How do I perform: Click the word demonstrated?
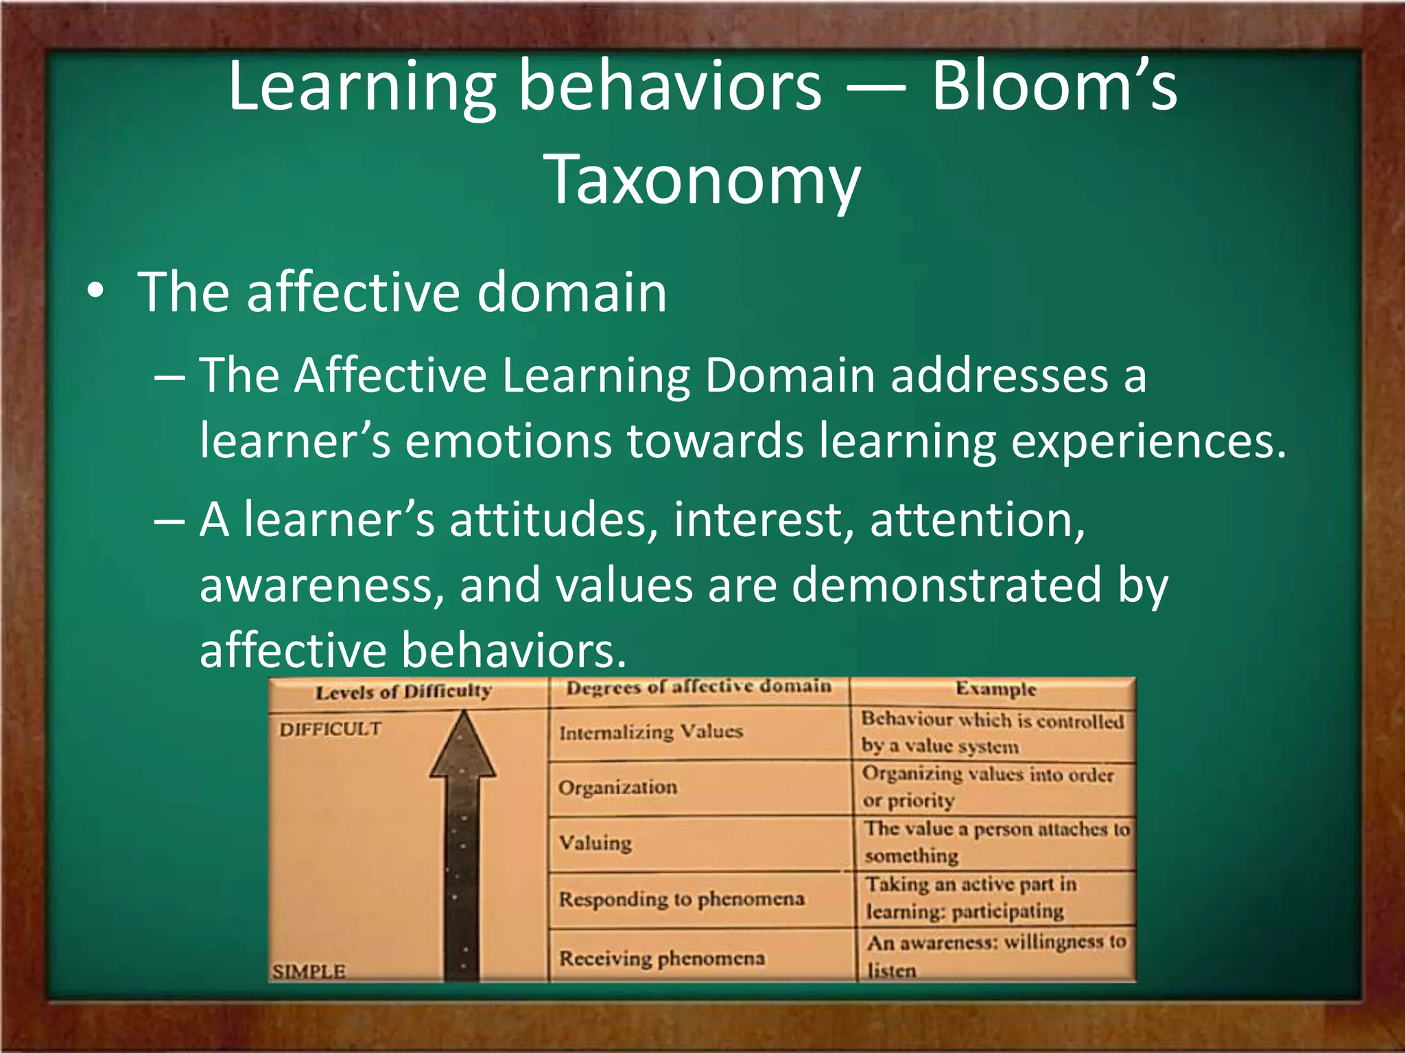(x=946, y=585)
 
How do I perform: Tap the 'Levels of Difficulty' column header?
(x=403, y=692)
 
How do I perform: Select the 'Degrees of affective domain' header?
(x=698, y=687)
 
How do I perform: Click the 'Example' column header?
(x=995, y=689)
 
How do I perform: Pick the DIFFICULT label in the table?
(x=330, y=729)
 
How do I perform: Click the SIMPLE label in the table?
(x=309, y=971)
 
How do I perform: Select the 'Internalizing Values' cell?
(x=650, y=732)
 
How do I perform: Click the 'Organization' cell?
(x=617, y=787)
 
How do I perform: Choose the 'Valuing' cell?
(x=595, y=843)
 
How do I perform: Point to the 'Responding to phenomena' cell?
(x=681, y=899)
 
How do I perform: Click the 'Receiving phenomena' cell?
(x=661, y=958)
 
